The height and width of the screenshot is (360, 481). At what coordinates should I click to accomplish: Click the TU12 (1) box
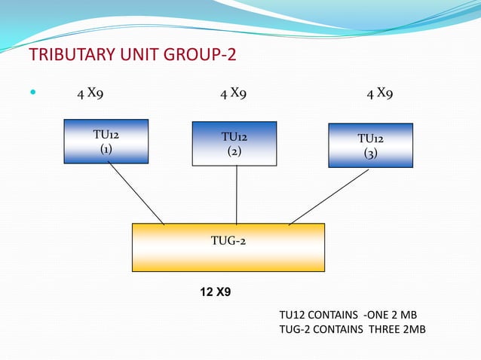click(x=106, y=141)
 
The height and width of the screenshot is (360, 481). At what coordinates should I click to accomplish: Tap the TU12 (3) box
click(x=370, y=145)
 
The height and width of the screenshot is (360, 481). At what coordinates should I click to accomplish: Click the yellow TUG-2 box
click(x=228, y=247)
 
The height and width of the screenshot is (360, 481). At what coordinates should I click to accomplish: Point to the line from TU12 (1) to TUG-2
click(x=136, y=193)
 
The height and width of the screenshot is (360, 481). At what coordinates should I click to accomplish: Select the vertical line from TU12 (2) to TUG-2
click(x=236, y=194)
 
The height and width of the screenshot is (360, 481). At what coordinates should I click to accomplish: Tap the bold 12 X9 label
click(x=215, y=291)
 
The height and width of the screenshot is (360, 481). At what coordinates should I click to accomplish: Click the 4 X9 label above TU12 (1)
click(x=90, y=94)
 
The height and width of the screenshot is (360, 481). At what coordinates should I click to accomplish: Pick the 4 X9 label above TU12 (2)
click(x=233, y=94)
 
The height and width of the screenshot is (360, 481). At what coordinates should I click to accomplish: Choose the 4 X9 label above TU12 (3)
click(x=379, y=94)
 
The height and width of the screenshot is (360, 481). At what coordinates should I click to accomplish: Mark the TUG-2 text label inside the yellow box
click(x=228, y=241)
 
